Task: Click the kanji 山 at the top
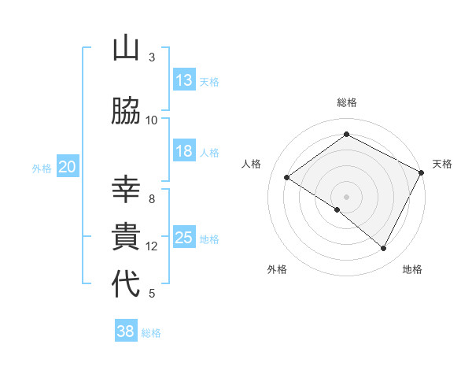point(126,50)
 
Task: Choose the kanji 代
point(126,284)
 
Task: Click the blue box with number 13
point(184,80)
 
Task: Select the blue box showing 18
point(184,151)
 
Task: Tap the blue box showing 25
point(184,238)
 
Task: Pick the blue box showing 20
point(68,167)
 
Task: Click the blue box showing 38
point(126,331)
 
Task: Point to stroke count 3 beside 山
point(152,57)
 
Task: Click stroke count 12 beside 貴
point(152,246)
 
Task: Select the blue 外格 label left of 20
point(42,168)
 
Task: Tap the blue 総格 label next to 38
point(151,333)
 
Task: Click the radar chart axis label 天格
point(442,164)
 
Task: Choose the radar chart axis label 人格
point(252,164)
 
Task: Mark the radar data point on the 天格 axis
point(421,172)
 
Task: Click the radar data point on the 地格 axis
point(384,249)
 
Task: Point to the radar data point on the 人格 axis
point(287,178)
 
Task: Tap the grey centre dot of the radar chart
point(346,196)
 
